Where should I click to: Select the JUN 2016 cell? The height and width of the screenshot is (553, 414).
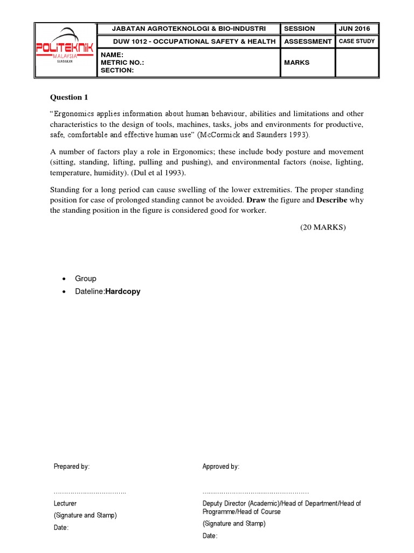pos(354,29)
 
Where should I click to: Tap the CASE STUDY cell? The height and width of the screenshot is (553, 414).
pos(356,42)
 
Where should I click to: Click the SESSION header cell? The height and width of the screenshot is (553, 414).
pos(300,29)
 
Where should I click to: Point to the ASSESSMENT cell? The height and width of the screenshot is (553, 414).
pos(308,42)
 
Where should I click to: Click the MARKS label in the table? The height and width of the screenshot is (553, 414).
pos(297,63)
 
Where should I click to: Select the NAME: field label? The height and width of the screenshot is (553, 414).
pos(112,55)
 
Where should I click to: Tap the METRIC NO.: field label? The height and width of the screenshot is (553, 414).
pos(122,63)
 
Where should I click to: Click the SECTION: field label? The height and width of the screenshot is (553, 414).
pos(117,70)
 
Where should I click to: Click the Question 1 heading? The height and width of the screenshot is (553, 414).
pos(68,97)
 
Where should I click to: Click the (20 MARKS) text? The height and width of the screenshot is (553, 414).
pos(323,227)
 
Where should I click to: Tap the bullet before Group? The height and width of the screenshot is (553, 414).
pos(65,279)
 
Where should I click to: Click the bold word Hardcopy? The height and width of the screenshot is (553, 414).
pos(123,291)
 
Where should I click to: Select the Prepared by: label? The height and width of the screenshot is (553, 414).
pos(72,467)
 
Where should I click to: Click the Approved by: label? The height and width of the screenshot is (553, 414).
pos(221,467)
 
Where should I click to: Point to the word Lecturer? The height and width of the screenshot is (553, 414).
pos(65,503)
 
